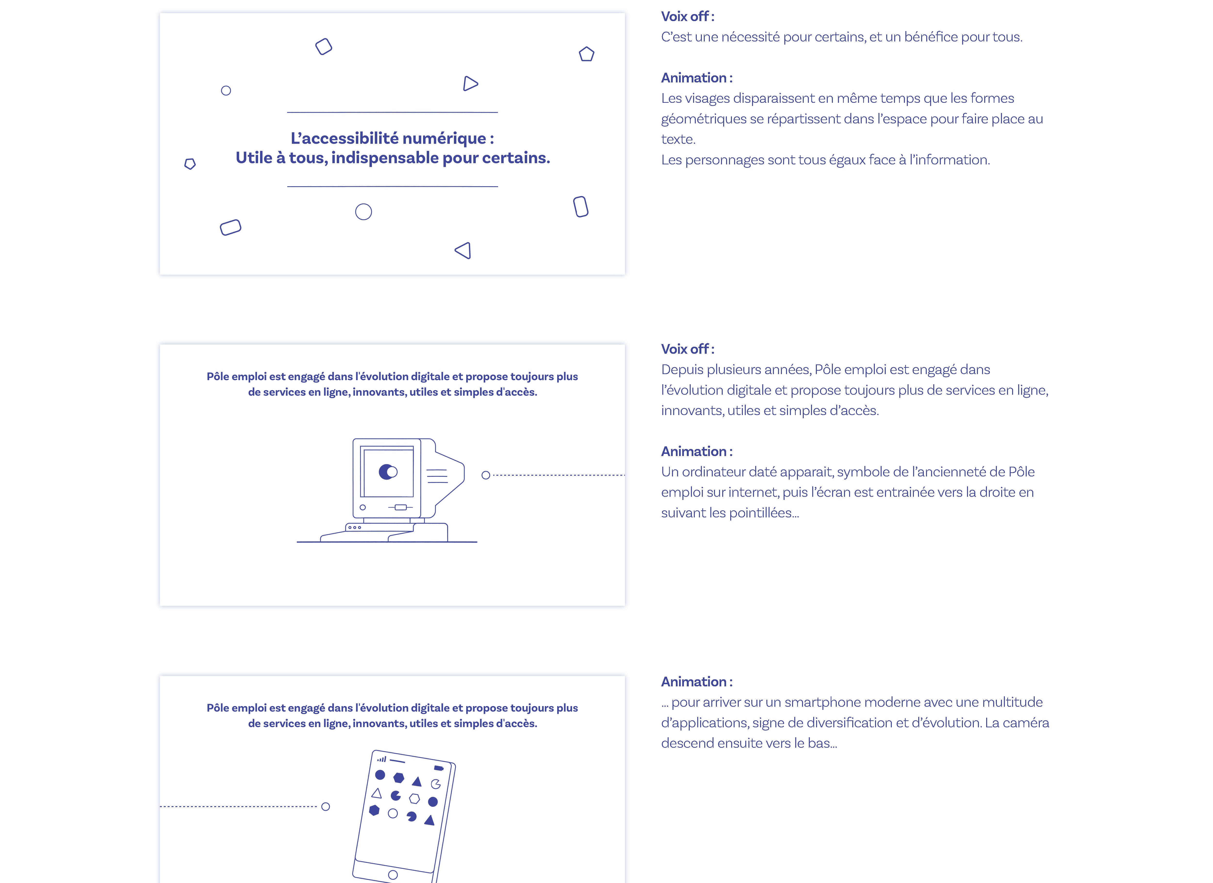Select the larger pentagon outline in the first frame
587,54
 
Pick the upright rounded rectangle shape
581,207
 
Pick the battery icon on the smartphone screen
439,768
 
